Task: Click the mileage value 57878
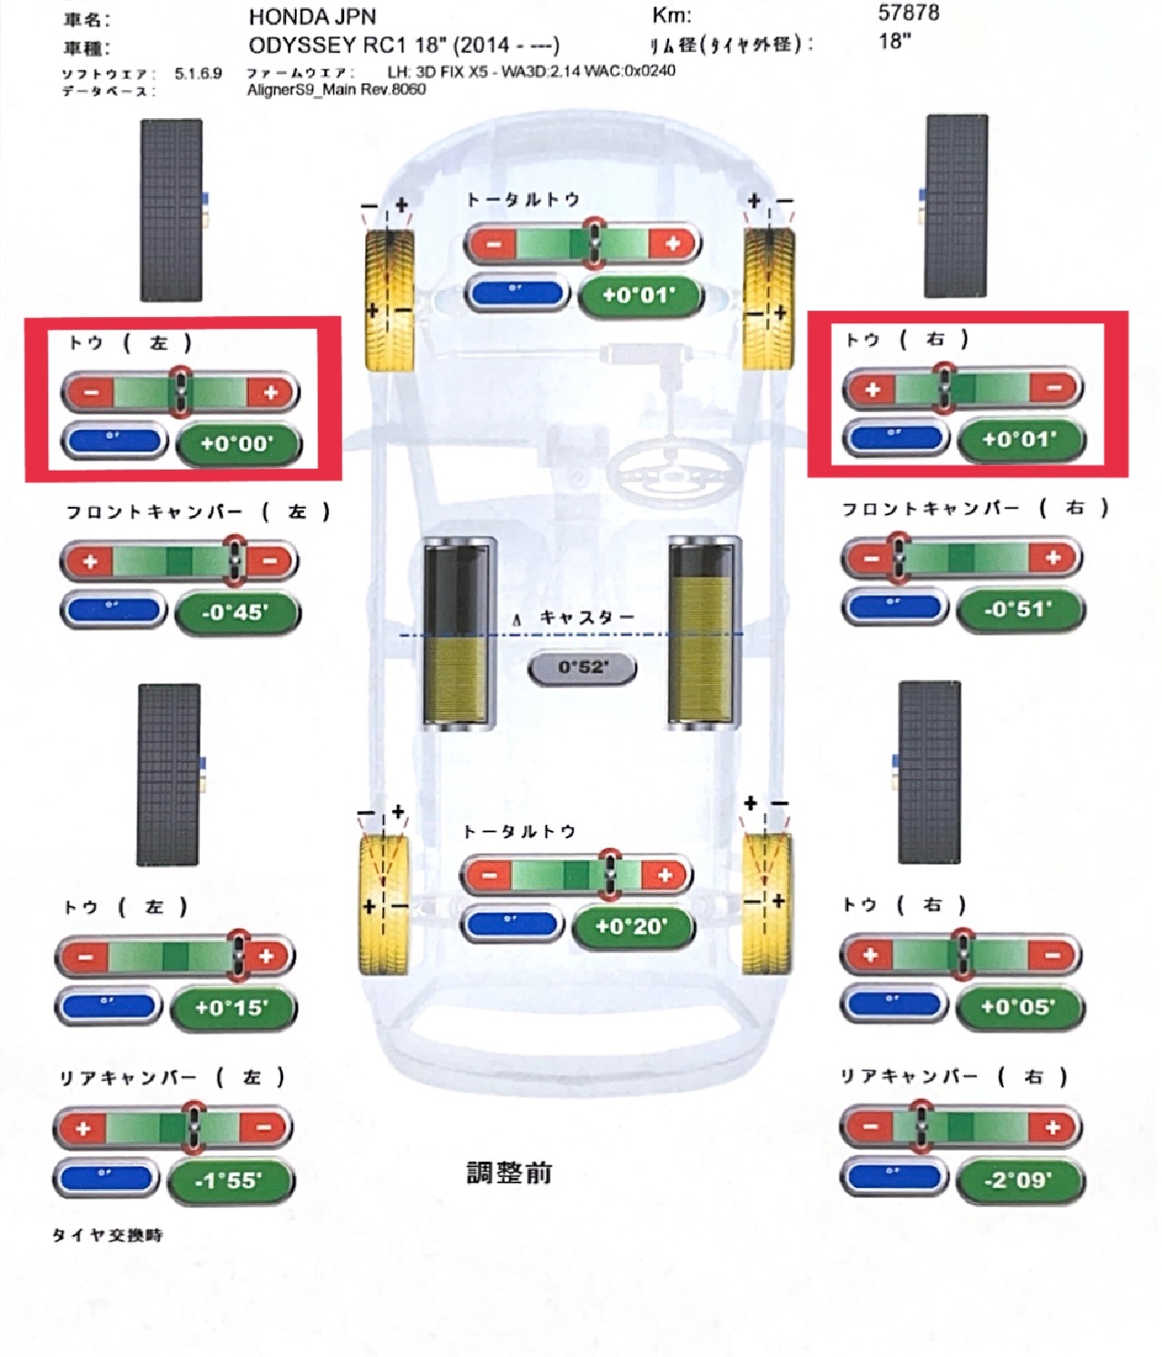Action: [x=908, y=13]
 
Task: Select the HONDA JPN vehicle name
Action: [x=311, y=16]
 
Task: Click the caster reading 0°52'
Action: [x=582, y=668]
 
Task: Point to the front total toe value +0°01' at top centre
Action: [x=639, y=294]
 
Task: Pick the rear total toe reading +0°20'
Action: [x=632, y=926]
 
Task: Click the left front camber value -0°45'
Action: [x=235, y=611]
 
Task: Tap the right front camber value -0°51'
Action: [x=1019, y=609]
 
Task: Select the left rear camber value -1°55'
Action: [x=229, y=1180]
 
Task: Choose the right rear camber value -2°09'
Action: [x=1018, y=1180]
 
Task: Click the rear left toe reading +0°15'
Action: [x=232, y=1007]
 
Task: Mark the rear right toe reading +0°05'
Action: [x=1018, y=1006]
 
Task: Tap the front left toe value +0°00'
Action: [x=236, y=443]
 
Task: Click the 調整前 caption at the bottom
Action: [x=508, y=1173]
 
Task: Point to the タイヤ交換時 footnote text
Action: [x=107, y=1235]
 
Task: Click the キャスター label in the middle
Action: [x=586, y=618]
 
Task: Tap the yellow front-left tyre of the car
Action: [x=389, y=300]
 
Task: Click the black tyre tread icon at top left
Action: [x=172, y=210]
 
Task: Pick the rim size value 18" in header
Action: [x=894, y=41]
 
